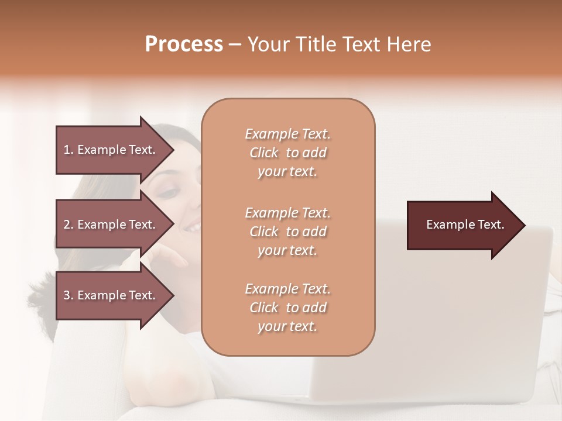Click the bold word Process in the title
184,44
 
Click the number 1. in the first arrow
68,150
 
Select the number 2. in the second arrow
68,225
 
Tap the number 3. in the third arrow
68,295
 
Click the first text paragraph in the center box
287,153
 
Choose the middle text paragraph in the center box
287,232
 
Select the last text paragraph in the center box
287,308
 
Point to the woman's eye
169,192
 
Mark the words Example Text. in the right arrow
465,225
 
